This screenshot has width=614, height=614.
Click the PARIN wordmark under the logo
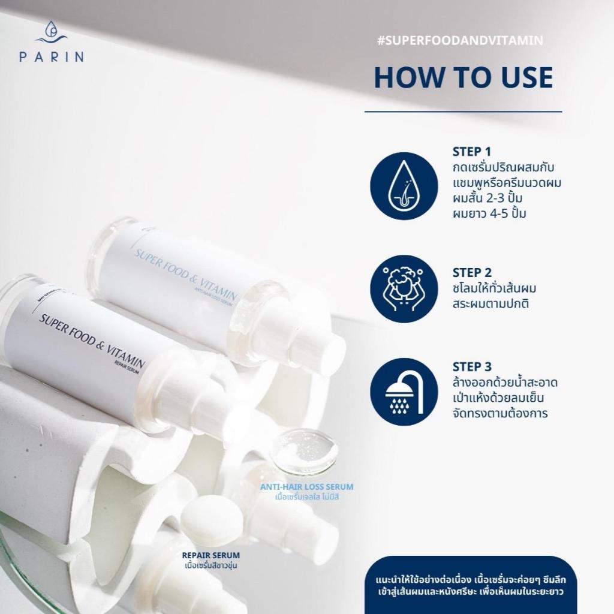tap(52, 57)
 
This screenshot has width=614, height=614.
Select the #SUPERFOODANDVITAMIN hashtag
tap(460, 40)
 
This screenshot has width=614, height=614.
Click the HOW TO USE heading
tap(463, 77)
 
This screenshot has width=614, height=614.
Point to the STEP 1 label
tap(471, 152)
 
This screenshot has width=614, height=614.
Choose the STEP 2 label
tap(472, 273)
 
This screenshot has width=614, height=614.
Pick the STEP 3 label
tap(472, 366)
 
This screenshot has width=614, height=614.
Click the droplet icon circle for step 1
tap(404, 186)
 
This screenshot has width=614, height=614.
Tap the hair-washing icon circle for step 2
tap(404, 288)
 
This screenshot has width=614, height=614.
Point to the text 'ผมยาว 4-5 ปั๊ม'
tap(489, 214)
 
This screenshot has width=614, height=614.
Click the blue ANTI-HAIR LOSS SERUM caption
tap(306, 487)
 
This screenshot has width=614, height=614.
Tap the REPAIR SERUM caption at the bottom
tap(210, 555)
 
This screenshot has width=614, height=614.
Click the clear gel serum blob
tap(304, 450)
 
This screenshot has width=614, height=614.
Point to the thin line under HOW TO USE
tap(463, 112)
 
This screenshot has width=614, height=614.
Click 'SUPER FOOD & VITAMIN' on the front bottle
tap(92, 341)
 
